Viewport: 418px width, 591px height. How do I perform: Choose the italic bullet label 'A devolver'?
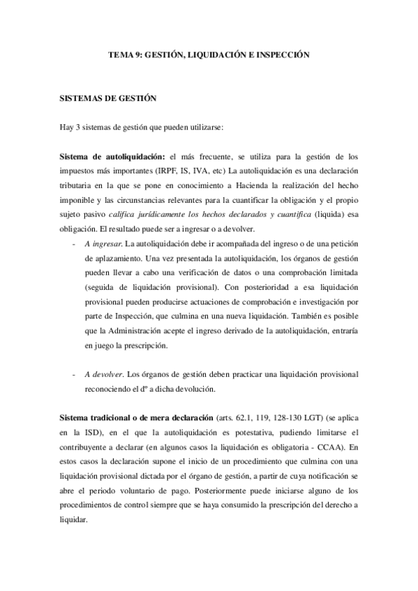[103, 374]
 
